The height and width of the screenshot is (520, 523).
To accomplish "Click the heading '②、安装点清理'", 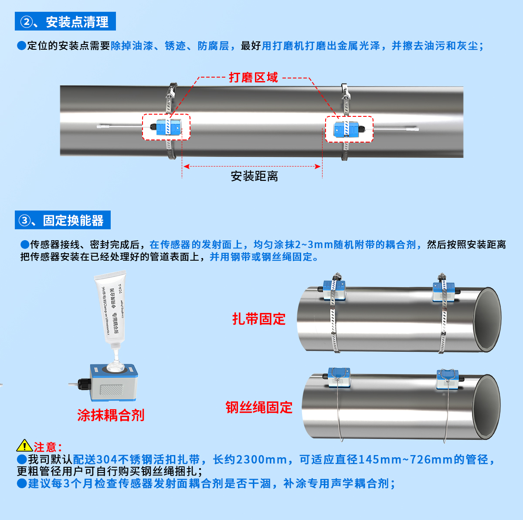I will click(x=65, y=21).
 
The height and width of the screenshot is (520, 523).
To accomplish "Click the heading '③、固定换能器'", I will click(x=63, y=220).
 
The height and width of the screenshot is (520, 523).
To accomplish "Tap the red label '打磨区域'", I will click(x=253, y=78).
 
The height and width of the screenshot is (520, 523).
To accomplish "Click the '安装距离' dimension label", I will click(x=254, y=176).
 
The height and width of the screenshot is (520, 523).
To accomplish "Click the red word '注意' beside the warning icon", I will click(x=45, y=447).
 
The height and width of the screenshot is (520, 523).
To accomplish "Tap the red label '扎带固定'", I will click(x=258, y=319).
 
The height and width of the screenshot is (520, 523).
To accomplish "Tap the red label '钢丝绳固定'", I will click(x=259, y=408).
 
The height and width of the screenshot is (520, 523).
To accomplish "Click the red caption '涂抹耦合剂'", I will click(x=111, y=415).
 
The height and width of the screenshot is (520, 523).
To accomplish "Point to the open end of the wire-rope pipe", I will click(x=486, y=406).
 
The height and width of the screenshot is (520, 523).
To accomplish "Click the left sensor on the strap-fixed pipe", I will click(x=334, y=290).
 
